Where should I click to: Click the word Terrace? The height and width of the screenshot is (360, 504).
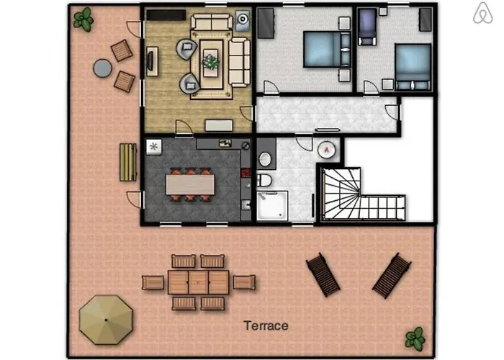point(266,325)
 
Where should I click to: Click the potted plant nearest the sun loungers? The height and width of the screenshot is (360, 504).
point(414,336)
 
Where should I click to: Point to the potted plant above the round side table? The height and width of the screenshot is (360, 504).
point(84,19)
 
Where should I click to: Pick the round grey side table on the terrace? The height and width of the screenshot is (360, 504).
point(103,67)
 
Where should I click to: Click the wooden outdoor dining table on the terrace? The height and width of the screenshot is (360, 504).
point(198,282)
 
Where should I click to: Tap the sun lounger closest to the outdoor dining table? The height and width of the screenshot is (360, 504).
point(323,274)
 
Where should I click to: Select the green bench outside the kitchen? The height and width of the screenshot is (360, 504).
point(127,162)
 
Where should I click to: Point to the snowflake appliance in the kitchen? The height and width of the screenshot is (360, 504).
point(154,146)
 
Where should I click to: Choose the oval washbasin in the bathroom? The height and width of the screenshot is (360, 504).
point(264,158)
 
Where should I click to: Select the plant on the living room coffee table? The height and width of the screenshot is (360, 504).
point(210,62)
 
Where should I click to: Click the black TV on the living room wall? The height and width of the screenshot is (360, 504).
point(152,62)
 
